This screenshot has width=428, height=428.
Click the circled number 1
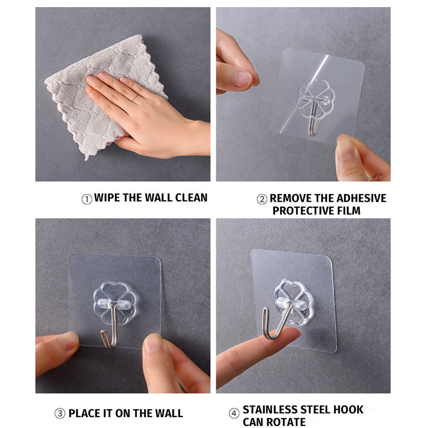pos(87,199)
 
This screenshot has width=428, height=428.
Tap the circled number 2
pos(262,199)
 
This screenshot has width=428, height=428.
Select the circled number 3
pos(60,413)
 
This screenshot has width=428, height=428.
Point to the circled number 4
pos(234,413)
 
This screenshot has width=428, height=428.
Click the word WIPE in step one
pos(107,198)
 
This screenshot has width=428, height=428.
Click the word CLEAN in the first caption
pos(191,198)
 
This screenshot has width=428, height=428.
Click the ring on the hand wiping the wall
pos(135,98)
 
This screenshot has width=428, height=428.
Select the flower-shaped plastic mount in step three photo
pos(115,303)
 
